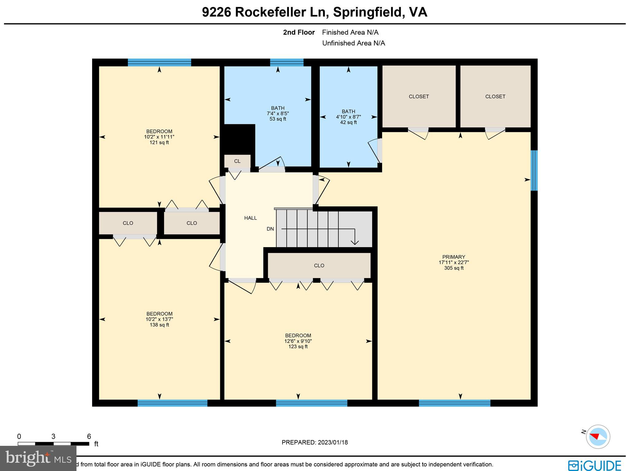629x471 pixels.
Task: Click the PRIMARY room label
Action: click(454, 257)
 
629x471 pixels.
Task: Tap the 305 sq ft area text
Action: click(454, 268)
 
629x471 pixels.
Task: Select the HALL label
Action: click(250, 218)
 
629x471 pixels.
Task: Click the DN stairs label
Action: click(270, 229)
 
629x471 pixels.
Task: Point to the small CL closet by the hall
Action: click(237, 161)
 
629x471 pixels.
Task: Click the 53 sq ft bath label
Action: click(278, 119)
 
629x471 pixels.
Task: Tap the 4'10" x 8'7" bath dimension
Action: click(348, 117)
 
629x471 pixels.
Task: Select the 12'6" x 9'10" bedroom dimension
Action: click(298, 341)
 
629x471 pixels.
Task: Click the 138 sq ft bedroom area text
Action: click(159, 325)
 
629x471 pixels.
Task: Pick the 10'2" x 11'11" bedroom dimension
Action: click(159, 137)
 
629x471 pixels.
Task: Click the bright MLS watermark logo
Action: click(38, 458)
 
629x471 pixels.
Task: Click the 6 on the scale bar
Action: click(89, 437)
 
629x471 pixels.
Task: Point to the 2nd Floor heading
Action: click(299, 33)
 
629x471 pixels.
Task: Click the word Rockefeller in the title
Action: click(271, 12)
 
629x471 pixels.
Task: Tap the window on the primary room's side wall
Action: click(534, 170)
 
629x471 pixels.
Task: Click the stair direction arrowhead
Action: click(355, 243)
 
